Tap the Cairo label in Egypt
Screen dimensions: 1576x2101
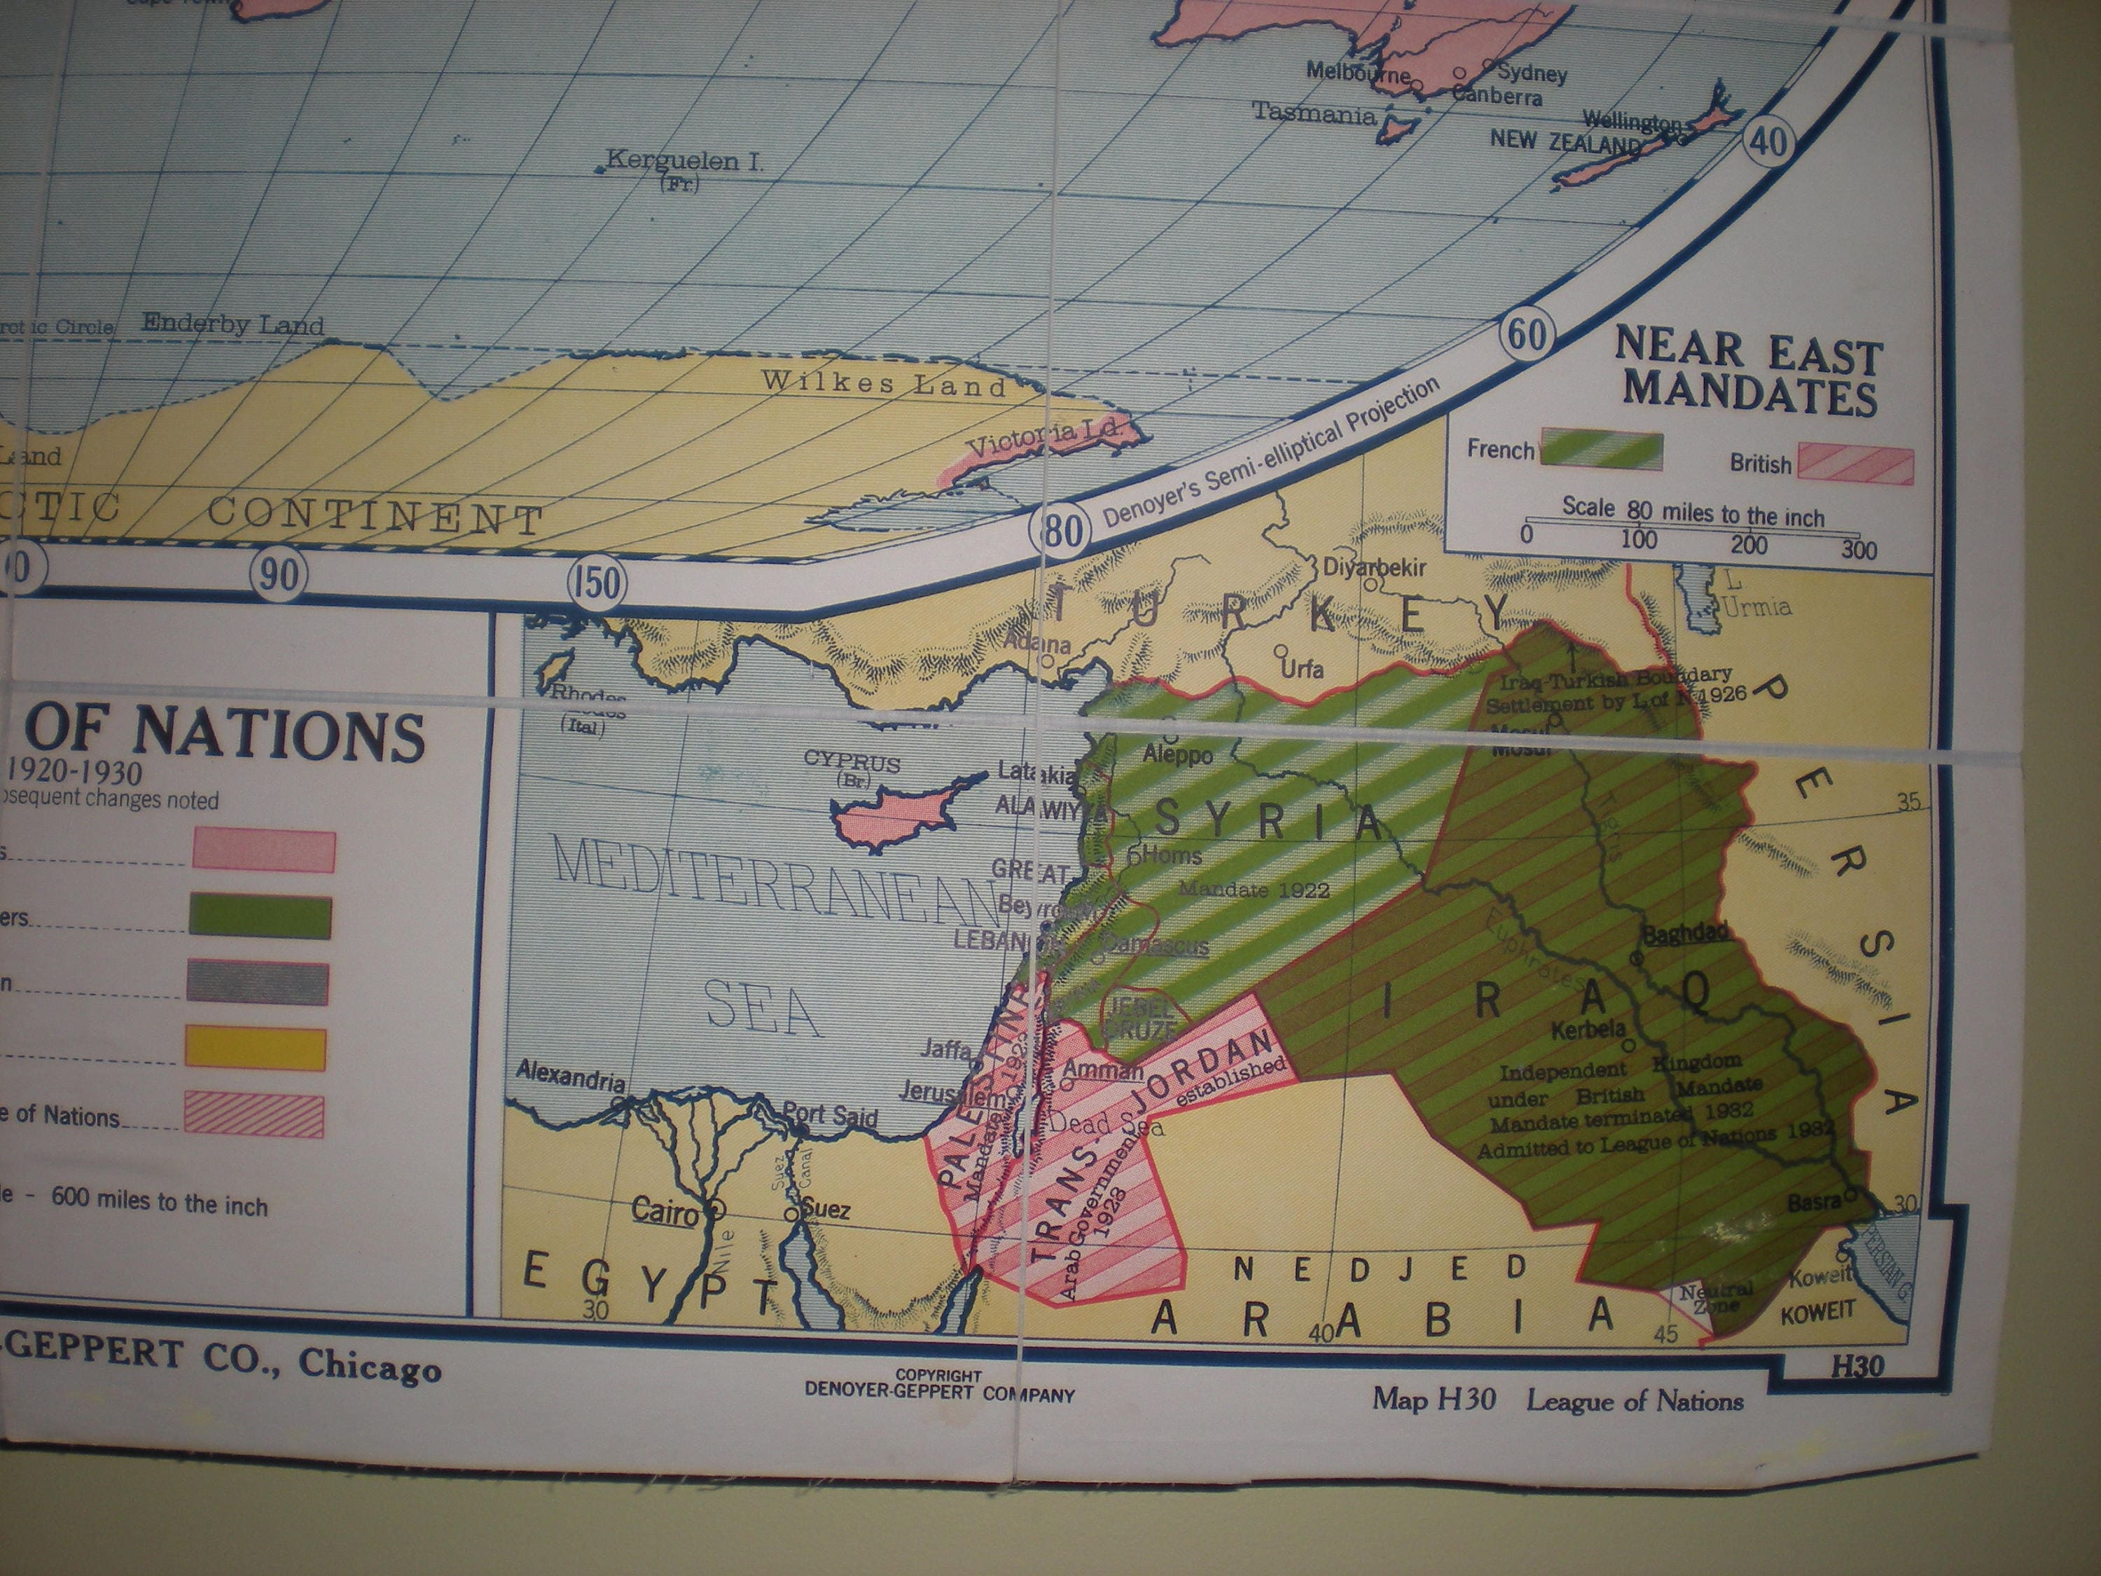[665, 1210]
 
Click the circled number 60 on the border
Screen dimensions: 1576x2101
[1527, 334]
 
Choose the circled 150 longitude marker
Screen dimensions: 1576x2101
[597, 581]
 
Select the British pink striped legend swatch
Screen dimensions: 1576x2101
[1855, 466]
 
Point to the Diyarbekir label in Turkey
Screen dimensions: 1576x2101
[1374, 567]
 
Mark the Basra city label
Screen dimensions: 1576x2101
[1814, 1202]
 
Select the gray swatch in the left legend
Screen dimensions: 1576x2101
[258, 982]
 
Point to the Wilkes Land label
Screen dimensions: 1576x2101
[883, 383]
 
